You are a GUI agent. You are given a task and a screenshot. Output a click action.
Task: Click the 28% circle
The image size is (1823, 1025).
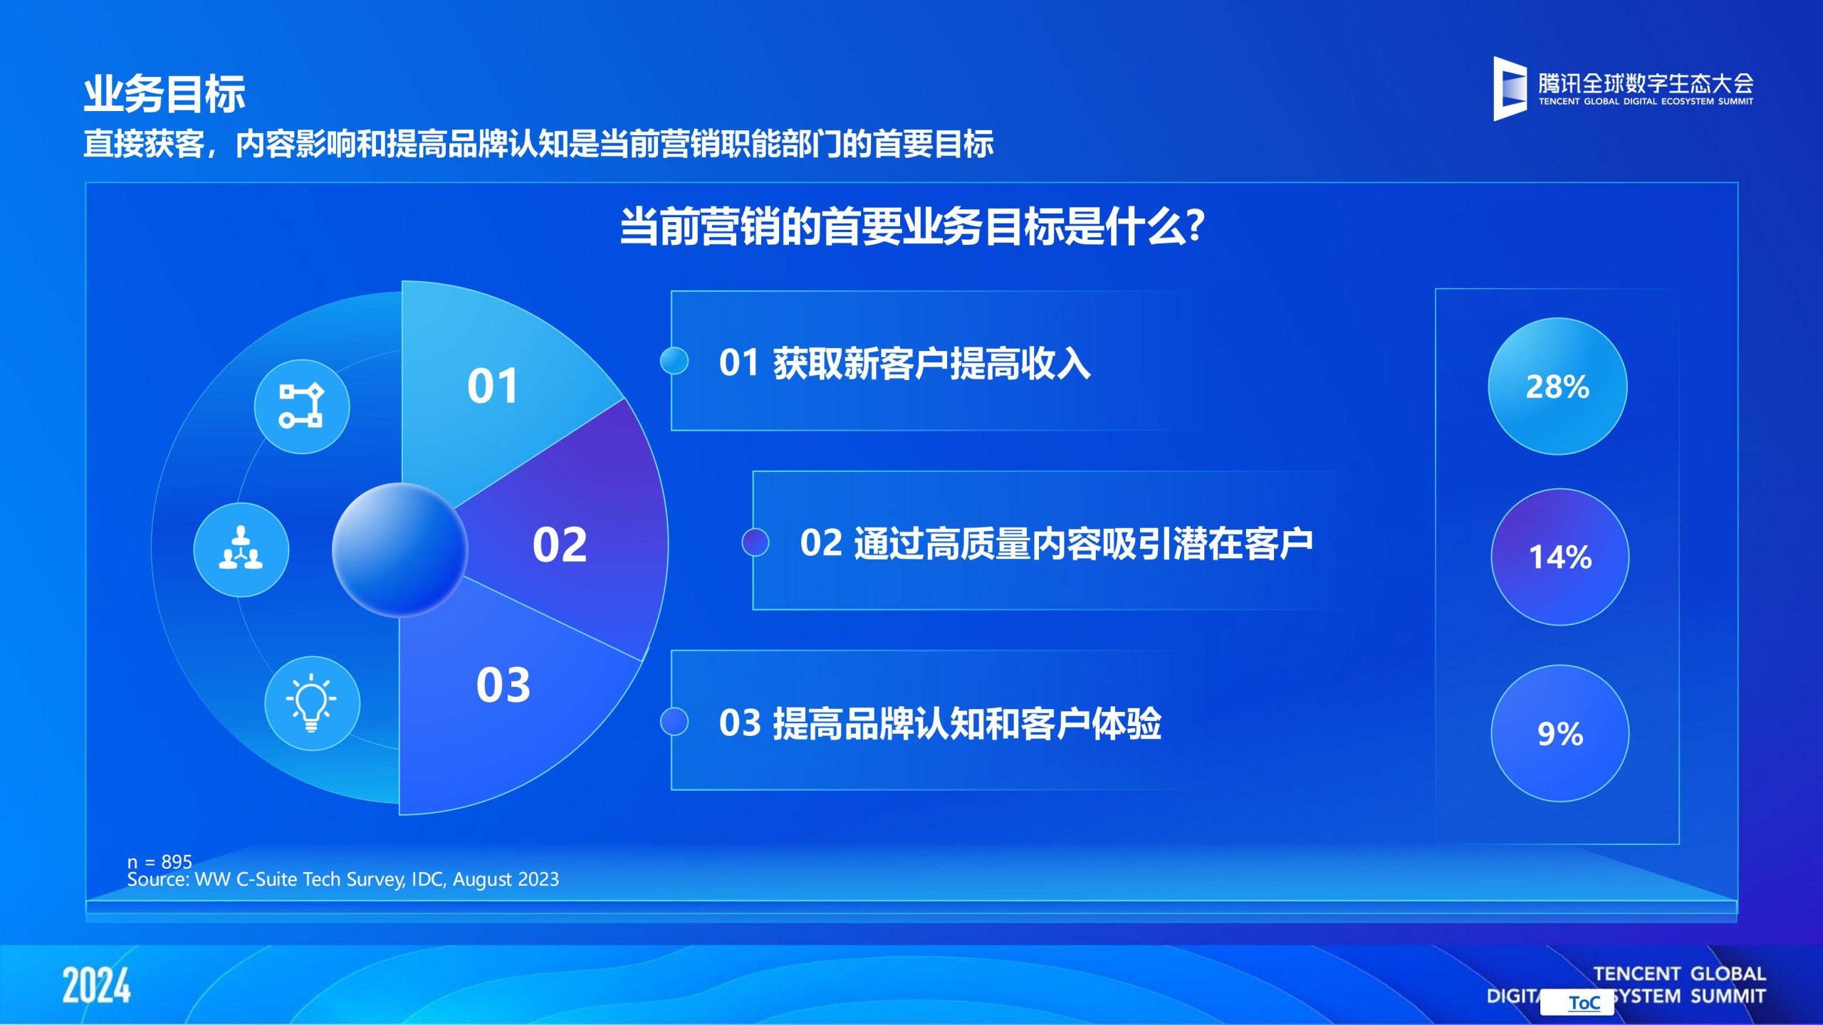[1557, 386]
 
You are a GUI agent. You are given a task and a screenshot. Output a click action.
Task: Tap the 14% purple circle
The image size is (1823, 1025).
[1560, 557]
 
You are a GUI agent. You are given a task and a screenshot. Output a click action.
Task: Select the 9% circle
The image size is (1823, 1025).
[1560, 733]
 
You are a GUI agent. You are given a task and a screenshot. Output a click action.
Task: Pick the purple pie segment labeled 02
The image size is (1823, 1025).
[570, 541]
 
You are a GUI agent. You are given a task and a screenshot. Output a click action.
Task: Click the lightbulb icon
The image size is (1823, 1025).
[312, 703]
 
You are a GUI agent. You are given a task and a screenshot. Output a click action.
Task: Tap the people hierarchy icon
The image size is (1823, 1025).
[241, 550]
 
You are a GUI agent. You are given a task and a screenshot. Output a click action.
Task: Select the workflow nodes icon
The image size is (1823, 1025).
[302, 406]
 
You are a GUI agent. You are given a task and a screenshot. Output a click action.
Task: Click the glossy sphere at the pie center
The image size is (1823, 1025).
[399, 550]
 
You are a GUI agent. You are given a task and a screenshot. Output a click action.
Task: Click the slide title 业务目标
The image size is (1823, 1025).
[164, 94]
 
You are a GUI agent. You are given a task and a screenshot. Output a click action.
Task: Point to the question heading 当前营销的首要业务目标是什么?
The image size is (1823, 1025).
[912, 226]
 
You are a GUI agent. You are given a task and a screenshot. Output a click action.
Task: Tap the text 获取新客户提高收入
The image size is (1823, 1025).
[931, 363]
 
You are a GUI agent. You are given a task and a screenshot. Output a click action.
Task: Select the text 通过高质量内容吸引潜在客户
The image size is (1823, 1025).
[1083, 544]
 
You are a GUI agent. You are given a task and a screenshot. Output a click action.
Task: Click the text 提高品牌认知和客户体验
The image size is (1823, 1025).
[967, 723]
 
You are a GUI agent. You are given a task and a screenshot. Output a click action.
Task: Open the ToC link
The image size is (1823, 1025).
[1584, 1003]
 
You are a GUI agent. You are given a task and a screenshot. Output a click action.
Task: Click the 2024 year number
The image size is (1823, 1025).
[96, 986]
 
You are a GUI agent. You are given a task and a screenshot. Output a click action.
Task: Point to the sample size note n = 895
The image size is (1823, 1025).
[160, 862]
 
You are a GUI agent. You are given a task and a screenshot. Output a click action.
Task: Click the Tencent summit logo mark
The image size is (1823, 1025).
[1510, 89]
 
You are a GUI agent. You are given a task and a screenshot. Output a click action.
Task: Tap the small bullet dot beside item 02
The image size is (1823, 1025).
[756, 542]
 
